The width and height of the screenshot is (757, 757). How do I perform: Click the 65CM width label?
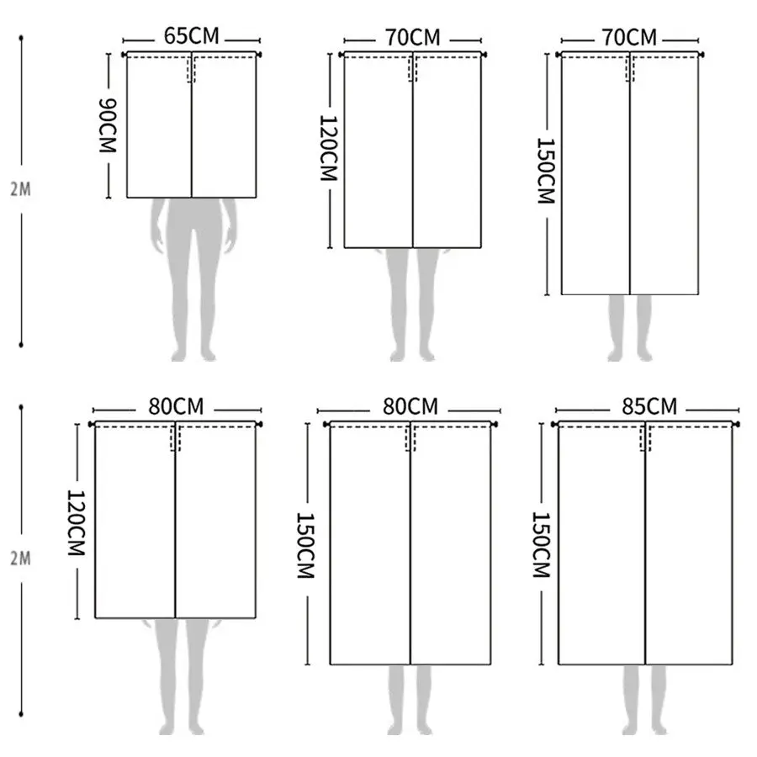tap(191, 36)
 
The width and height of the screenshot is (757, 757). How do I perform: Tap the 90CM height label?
tap(108, 125)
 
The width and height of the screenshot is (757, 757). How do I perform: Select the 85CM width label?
tap(649, 406)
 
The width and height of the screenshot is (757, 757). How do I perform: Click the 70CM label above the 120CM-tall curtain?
tap(413, 38)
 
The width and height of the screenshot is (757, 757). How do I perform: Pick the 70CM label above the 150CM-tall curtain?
tap(629, 38)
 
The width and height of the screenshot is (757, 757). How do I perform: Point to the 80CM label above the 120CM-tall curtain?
tap(177, 406)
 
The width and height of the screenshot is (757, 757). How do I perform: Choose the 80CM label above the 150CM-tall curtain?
tap(410, 406)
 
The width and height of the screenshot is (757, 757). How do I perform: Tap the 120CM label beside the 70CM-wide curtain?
tap(328, 148)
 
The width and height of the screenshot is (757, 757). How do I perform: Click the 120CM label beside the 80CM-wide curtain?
tap(77, 523)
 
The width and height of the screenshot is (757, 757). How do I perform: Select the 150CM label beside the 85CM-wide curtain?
tap(541, 545)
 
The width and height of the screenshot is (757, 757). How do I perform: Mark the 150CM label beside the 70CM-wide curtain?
tap(546, 171)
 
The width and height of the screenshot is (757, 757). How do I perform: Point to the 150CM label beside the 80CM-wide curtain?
tap(305, 545)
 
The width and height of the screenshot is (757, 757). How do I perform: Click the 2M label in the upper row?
tap(21, 189)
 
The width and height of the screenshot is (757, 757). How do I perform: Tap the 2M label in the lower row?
tap(21, 558)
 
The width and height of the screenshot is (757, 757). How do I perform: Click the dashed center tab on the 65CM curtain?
tap(191, 70)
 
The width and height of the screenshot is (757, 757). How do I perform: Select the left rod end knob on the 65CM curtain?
tap(124, 55)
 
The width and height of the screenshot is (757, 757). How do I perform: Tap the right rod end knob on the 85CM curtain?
tap(736, 424)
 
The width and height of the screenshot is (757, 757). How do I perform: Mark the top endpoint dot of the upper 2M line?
tap(21, 38)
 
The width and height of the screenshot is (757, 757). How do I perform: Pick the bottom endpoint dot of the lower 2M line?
tap(21, 714)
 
